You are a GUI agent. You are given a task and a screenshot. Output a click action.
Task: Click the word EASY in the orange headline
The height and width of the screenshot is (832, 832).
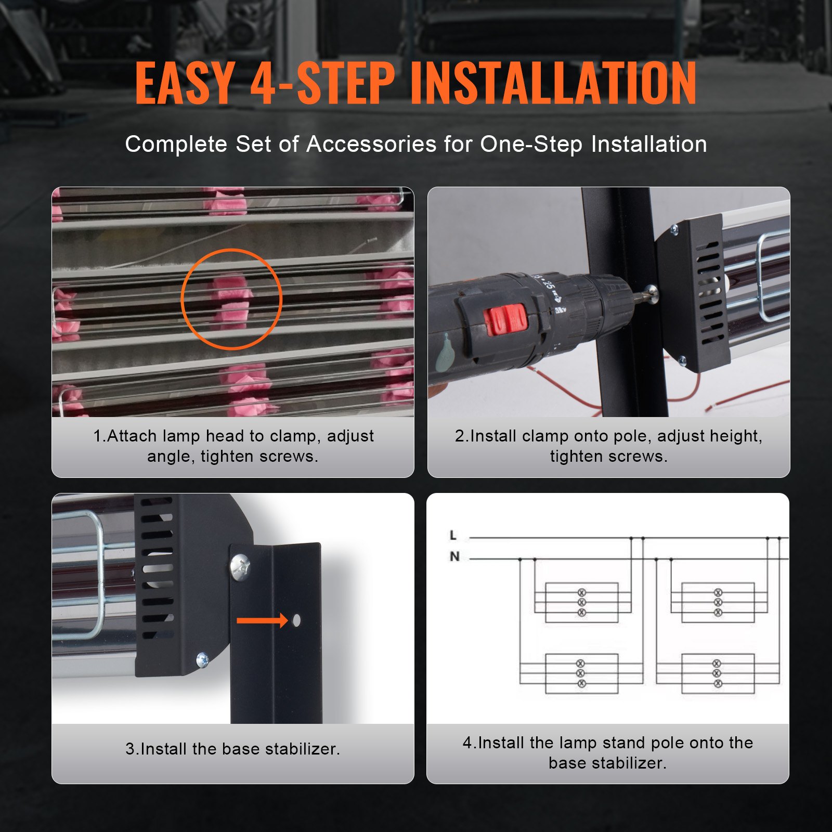(185, 83)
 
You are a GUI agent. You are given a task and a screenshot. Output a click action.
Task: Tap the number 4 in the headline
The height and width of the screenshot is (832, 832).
(263, 83)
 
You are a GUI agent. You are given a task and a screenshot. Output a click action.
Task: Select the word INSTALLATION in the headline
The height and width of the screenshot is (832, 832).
(553, 83)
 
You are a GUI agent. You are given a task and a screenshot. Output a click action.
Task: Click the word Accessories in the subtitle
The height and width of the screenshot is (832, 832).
(371, 144)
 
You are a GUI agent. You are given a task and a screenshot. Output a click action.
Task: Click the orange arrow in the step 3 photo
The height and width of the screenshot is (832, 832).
(262, 620)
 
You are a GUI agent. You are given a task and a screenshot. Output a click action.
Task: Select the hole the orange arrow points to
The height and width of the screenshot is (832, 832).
(296, 620)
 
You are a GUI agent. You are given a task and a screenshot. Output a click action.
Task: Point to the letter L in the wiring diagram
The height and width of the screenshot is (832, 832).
(453, 535)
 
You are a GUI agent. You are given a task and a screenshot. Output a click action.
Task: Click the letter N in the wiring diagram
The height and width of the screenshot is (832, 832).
(454, 556)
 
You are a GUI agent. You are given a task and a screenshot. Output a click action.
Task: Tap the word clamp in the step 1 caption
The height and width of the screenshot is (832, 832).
(293, 436)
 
